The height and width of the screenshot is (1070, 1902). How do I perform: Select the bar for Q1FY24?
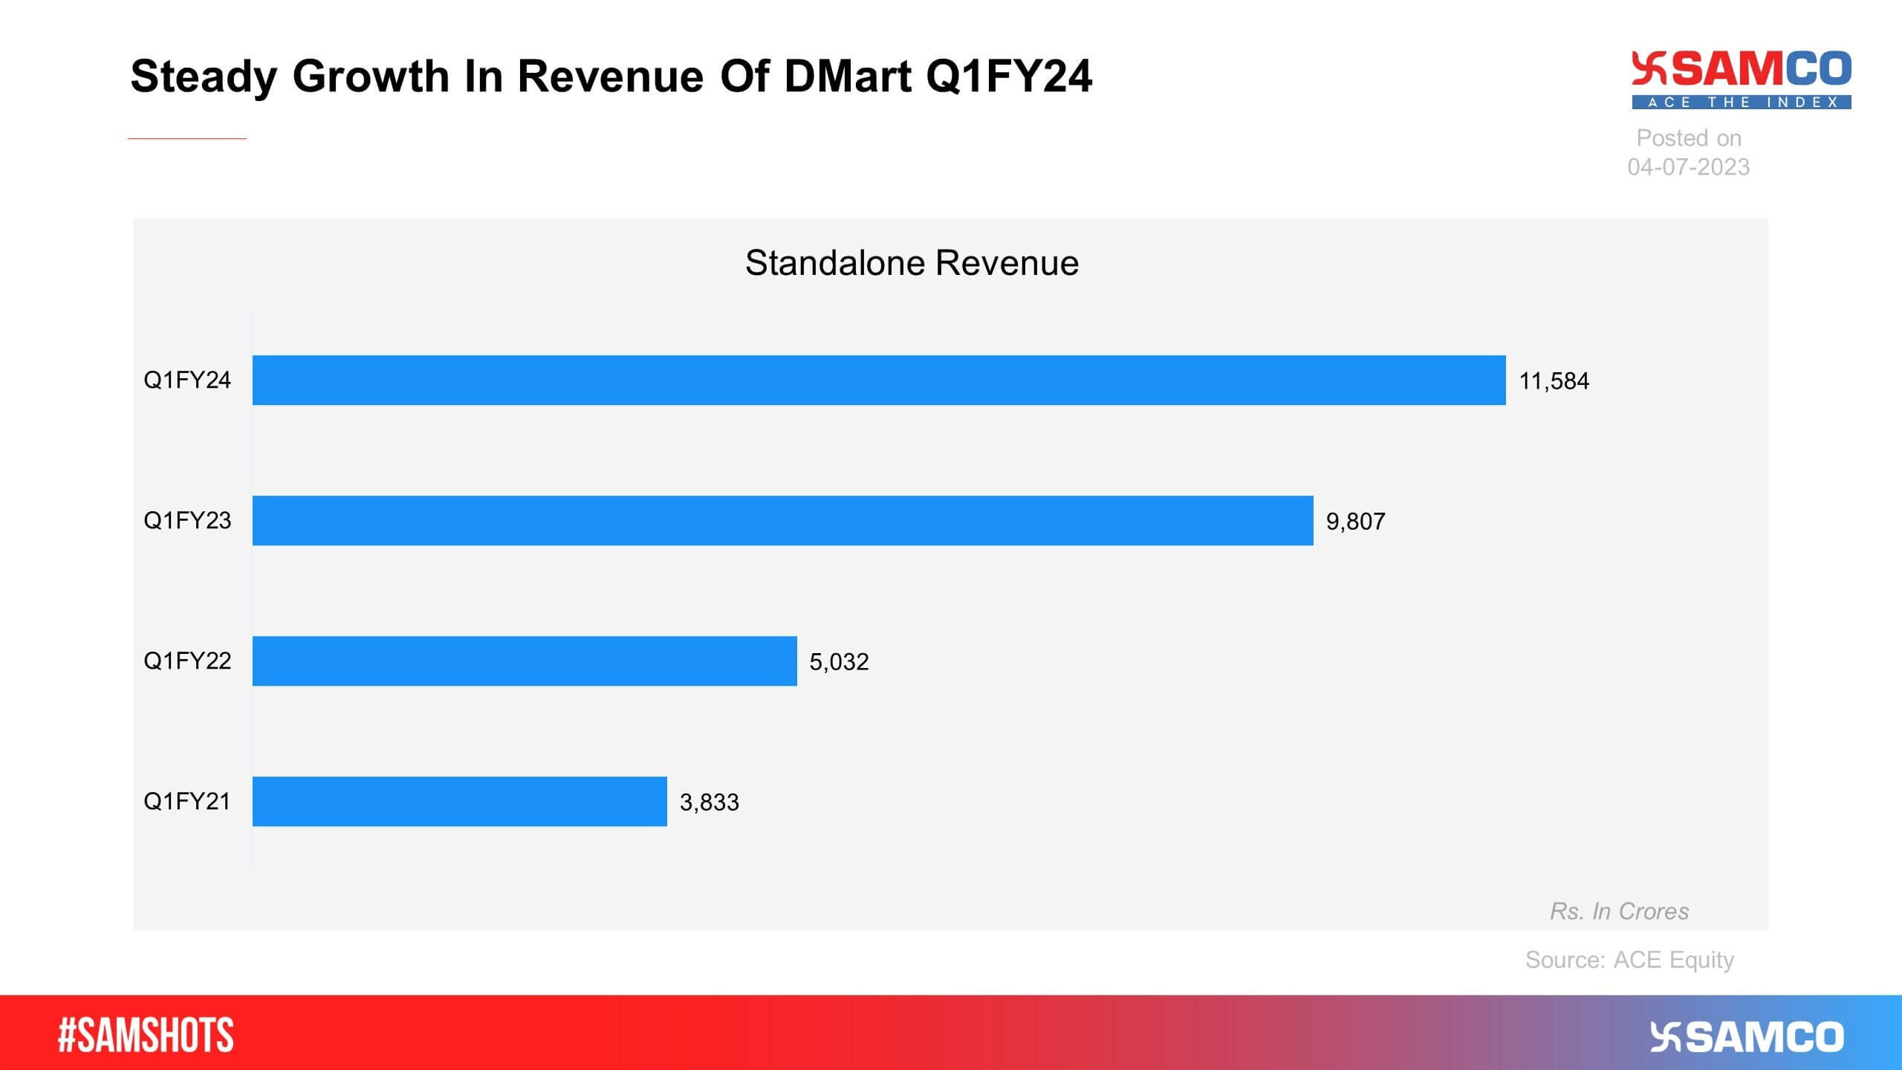tap(878, 380)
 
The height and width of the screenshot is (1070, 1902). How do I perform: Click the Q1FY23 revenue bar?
tap(782, 520)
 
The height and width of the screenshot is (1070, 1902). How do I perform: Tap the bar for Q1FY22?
tap(525, 661)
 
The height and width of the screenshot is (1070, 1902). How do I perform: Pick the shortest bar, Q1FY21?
tap(459, 801)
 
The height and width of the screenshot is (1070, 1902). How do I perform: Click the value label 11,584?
tap(1554, 381)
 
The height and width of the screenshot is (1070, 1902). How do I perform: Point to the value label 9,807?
tap(1355, 522)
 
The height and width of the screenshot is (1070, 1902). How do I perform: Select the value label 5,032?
tap(839, 662)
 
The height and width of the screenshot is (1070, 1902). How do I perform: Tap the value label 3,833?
tap(709, 802)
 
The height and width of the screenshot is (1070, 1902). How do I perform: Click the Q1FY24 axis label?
tap(187, 380)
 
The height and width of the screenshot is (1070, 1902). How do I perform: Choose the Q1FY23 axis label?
tap(187, 520)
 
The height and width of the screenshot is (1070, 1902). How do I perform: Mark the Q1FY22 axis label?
tap(187, 661)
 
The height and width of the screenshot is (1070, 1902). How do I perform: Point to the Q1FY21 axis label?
tap(187, 801)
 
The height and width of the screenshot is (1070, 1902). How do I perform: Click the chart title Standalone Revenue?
tap(912, 263)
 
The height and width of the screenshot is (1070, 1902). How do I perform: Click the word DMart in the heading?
tap(847, 77)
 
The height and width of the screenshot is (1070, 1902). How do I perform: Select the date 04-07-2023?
tap(1688, 166)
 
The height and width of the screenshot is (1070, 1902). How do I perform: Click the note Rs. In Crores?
tap(1619, 911)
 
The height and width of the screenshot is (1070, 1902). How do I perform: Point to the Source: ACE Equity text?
tap(1629, 959)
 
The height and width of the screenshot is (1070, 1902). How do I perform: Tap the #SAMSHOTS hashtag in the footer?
tap(146, 1035)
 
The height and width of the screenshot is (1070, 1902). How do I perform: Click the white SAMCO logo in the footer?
tap(1747, 1037)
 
